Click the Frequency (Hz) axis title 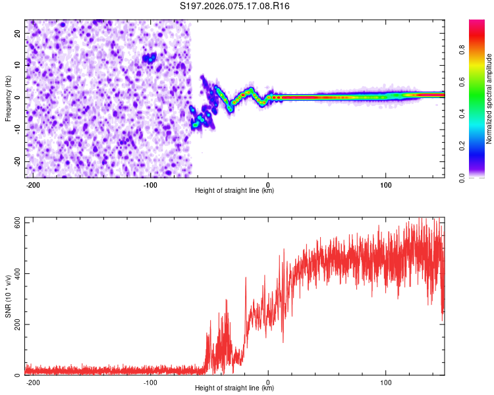tap(8, 99)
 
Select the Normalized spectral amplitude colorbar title tap(489, 99)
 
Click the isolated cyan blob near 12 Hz tap(151, 59)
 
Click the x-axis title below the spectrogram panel tap(234, 191)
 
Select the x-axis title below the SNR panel tap(234, 388)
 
